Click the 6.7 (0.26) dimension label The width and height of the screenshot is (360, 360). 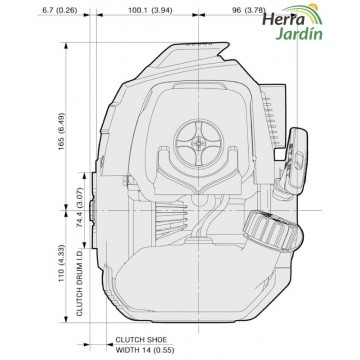[60, 10]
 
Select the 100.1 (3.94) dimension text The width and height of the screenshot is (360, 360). [150, 10]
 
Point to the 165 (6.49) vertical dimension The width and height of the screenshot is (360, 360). [61, 131]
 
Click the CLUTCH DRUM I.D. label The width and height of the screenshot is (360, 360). [80, 282]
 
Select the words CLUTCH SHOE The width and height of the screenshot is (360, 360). [141, 340]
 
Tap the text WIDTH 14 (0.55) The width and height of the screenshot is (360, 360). [145, 350]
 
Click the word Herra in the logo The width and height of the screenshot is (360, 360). [283, 19]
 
